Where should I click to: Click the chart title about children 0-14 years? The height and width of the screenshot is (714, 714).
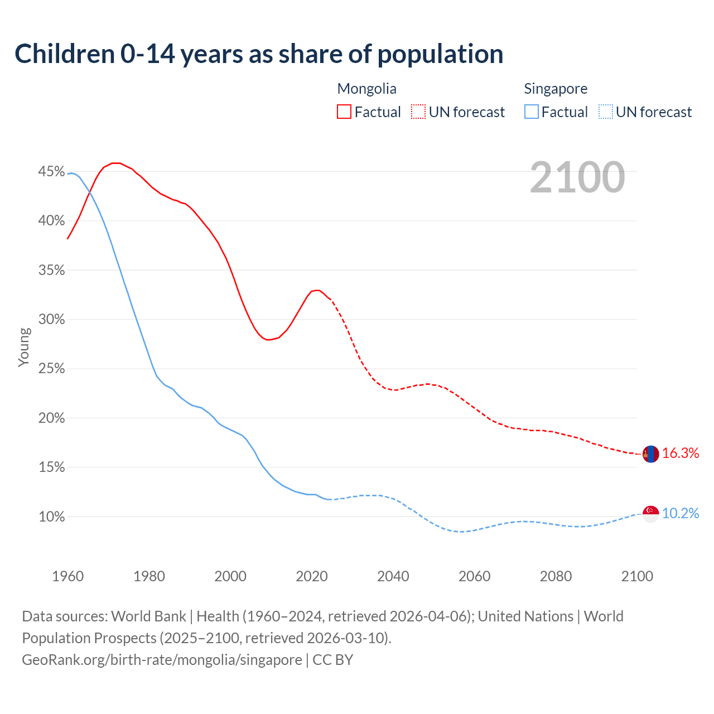click(259, 54)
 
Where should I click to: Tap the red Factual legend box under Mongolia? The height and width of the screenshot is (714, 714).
click(344, 112)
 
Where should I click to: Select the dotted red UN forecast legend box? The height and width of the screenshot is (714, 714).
click(418, 112)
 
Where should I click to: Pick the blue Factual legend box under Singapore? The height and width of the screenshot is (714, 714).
click(532, 112)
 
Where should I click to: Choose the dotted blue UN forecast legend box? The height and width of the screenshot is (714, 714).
click(606, 112)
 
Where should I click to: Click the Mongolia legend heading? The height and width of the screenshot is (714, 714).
click(366, 89)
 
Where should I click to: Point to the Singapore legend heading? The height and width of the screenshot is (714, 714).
click(556, 89)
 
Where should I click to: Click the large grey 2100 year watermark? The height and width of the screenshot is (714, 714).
click(577, 177)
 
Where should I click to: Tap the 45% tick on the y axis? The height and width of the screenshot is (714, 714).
click(51, 172)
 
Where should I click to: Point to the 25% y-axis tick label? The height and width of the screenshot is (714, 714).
click(51, 369)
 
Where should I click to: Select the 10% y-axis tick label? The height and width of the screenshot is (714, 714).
click(51, 517)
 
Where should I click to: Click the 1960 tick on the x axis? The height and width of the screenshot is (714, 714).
click(67, 576)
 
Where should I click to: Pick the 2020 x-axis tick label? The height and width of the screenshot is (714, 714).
click(312, 576)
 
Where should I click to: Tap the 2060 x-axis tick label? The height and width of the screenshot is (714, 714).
click(474, 576)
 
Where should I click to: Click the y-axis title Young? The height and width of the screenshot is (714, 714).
click(24, 347)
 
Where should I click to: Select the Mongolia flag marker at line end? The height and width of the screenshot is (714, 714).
click(650, 454)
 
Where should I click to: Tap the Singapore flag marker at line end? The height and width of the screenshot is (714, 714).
click(650, 514)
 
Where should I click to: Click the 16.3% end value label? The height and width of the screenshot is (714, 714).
click(681, 454)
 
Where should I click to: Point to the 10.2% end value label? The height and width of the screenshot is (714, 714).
click(681, 514)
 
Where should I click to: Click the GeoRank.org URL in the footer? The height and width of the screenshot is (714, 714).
click(162, 660)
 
